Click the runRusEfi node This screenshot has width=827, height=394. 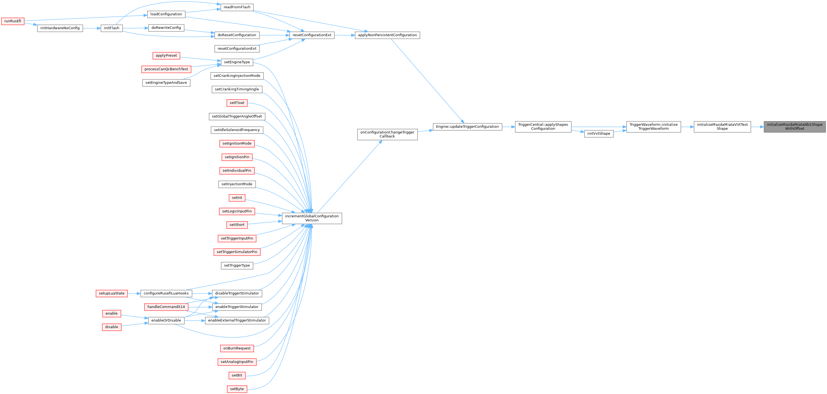[13, 21]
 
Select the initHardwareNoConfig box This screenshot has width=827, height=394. [60, 28]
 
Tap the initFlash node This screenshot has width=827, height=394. [111, 28]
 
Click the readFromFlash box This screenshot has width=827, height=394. [237, 7]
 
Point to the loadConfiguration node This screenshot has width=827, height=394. [166, 14]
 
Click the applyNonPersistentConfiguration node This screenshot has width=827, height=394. [387, 35]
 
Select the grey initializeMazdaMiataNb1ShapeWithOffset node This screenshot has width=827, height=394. [795, 127]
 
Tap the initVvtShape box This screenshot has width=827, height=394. [598, 134]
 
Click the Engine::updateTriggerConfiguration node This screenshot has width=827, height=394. [467, 127]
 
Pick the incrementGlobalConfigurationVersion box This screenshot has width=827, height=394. [312, 218]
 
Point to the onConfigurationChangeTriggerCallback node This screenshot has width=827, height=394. [387, 134]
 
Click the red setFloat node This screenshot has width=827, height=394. [237, 103]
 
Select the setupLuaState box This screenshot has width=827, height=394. [111, 293]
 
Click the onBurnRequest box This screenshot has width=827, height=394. [237, 348]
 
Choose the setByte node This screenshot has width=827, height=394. [237, 389]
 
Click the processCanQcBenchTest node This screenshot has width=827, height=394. [166, 69]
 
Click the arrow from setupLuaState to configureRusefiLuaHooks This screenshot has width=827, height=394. [134, 293]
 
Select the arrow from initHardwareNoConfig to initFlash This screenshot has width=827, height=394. [92, 28]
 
